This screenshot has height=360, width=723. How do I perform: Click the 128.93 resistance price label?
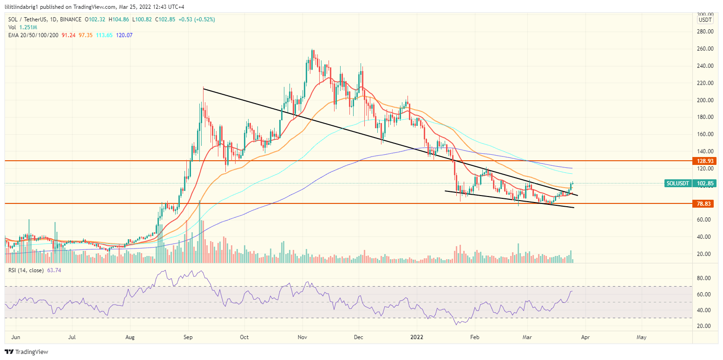704,161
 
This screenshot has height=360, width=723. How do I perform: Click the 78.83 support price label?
704,203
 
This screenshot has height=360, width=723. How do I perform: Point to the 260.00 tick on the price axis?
704,49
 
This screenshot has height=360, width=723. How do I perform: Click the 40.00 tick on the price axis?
704,237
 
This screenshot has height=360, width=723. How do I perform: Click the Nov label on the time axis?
302,336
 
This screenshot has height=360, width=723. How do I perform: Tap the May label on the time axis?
641,336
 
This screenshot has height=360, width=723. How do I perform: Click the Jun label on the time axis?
15,336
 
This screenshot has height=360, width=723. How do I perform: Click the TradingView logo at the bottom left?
26,352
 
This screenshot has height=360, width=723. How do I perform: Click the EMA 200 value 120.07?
125,35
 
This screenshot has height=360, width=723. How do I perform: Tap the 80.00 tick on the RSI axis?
704,278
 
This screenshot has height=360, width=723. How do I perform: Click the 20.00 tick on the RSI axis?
704,326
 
